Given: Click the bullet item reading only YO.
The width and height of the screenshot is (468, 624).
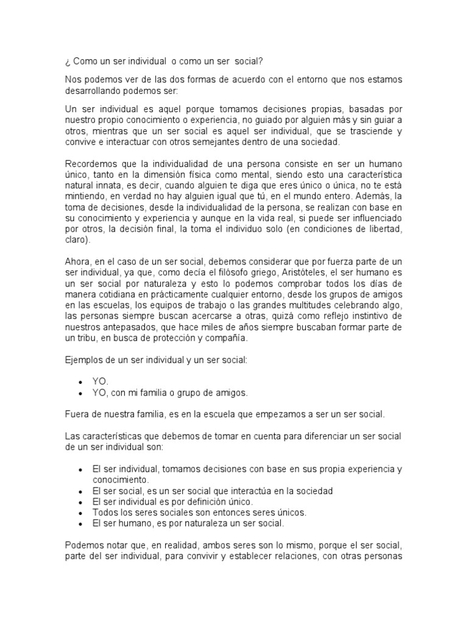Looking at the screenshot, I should coord(100,381).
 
